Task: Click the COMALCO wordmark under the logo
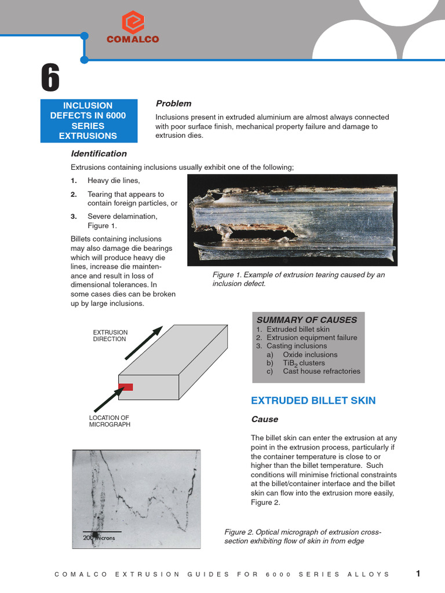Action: click(133, 39)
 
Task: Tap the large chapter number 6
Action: click(50, 78)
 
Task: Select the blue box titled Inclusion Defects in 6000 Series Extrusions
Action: click(89, 120)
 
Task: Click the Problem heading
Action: click(173, 103)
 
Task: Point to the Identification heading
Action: click(99, 153)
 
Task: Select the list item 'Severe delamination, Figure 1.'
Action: click(122, 221)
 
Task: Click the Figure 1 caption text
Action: click(298, 279)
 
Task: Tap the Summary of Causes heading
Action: click(307, 320)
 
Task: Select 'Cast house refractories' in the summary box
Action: click(321, 371)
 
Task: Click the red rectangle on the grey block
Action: click(126, 387)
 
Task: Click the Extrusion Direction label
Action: click(110, 335)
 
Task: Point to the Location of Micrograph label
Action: click(110, 421)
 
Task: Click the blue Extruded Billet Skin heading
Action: click(313, 401)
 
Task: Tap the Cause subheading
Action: click(264, 419)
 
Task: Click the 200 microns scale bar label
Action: click(99, 538)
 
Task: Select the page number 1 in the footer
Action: click(418, 573)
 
